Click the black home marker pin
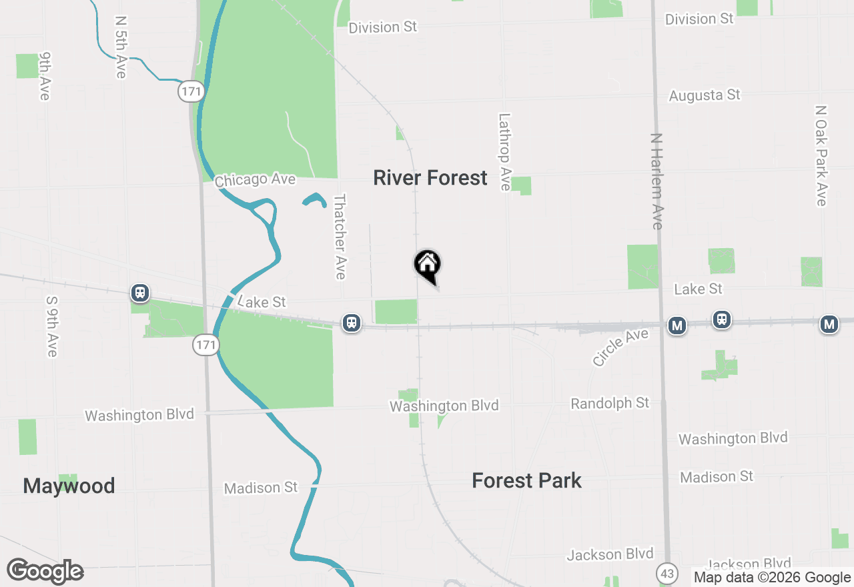(428, 264)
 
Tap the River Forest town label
(430, 178)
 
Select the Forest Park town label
(526, 480)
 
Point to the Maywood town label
(69, 486)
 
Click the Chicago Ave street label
(255, 180)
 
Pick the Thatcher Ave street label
(340, 236)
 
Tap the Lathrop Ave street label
(505, 151)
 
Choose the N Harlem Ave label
(657, 181)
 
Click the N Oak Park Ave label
(821, 155)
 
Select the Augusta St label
(705, 95)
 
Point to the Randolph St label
(610, 404)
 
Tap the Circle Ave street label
(620, 347)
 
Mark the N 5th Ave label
(121, 47)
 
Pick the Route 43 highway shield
(666, 573)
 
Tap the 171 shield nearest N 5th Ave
(191, 91)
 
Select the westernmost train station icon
(140, 292)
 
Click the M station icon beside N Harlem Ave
(677, 326)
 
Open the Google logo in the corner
(45, 571)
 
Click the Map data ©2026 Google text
(772, 578)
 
